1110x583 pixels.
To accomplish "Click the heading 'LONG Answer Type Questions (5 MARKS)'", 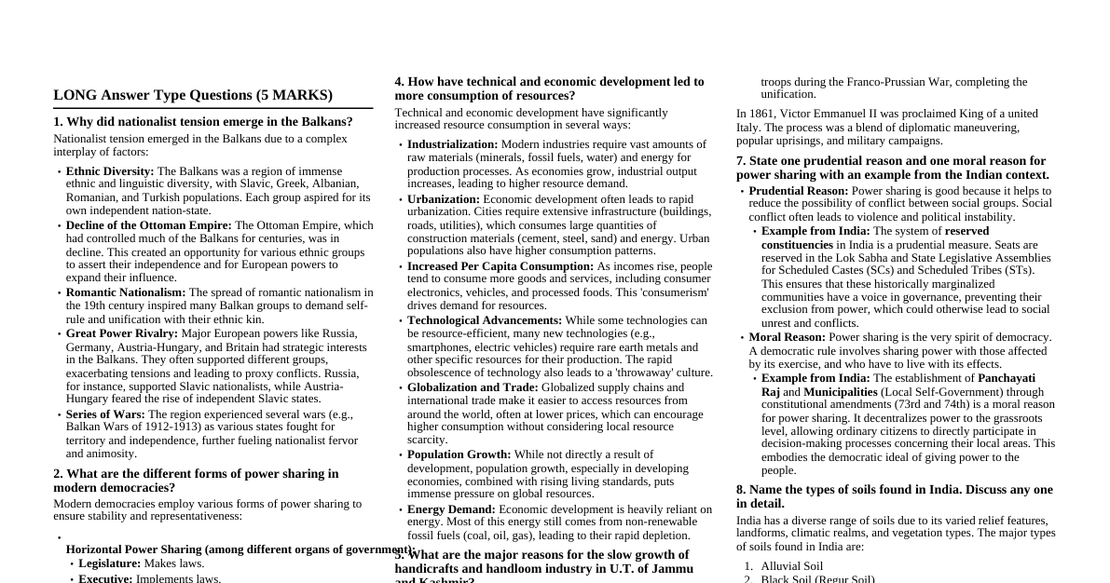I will point(193,95).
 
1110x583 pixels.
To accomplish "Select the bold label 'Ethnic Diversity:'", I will point(110,171).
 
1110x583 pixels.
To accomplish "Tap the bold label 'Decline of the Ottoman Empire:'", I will point(148,225).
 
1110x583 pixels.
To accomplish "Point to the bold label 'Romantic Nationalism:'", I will point(126,292).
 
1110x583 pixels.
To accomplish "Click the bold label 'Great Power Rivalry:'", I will point(121,333).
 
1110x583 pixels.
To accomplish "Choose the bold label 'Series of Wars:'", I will point(105,414).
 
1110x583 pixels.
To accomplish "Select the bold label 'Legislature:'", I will point(109,563).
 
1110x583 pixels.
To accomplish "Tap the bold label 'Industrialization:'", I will point(452,144).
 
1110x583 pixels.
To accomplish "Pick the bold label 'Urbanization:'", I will point(443,199).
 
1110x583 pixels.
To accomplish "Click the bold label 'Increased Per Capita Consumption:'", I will point(500,266).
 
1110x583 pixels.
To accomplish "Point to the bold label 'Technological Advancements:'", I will point(484,320).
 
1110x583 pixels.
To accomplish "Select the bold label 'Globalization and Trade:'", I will point(472,387).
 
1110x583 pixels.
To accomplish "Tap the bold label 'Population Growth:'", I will point(459,454).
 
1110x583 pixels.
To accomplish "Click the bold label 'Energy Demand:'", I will point(451,509).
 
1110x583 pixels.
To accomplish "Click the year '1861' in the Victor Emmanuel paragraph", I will point(761,114).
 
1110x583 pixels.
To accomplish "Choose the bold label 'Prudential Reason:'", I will point(798,191).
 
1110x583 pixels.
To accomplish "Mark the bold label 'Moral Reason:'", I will point(787,337).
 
